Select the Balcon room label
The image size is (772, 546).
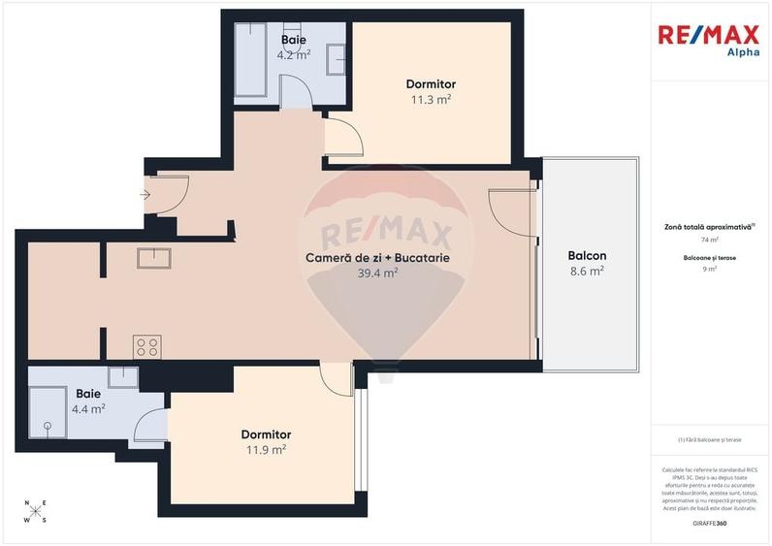587,256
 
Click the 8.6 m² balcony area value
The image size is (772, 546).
587,272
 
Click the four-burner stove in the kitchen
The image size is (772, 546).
147,346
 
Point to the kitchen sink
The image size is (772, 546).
154,258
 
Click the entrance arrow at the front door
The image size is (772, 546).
145,195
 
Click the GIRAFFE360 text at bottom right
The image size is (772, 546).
710,524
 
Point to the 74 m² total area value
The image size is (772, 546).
710,240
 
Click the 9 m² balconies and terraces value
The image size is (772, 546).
710,269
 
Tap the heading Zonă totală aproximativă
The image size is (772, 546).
709,225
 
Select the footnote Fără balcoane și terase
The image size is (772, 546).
710,439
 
